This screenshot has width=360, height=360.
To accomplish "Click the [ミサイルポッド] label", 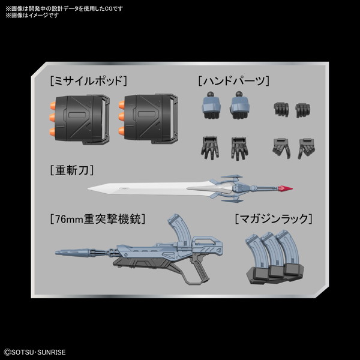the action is (x=89, y=81).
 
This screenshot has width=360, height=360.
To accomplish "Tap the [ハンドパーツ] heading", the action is (x=234, y=81).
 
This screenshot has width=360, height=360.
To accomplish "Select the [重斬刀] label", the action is (x=72, y=170).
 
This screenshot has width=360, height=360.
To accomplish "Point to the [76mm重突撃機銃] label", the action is (x=98, y=219).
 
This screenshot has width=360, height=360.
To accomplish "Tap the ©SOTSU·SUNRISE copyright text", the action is (x=35, y=352).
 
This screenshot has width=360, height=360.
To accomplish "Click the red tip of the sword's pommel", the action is (x=286, y=188).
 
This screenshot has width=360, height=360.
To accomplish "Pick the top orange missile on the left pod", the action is (x=53, y=106).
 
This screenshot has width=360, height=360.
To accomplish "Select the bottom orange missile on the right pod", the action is (x=121, y=131).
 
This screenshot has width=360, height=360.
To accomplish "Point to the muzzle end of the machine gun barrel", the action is (x=57, y=253).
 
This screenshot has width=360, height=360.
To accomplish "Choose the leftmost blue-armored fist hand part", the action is (x=211, y=106).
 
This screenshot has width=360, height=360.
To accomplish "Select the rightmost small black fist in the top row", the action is (x=302, y=110).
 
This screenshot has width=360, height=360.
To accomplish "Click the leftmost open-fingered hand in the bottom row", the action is (x=210, y=148).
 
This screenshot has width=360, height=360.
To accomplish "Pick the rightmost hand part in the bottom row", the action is (x=307, y=148).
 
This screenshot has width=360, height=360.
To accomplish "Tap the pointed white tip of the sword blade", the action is (x=89, y=188).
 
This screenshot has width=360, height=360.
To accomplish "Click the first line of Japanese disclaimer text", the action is (x=64, y=9).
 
